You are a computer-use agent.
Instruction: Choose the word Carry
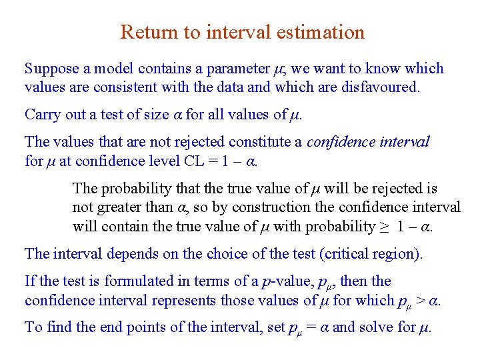(x=41, y=115)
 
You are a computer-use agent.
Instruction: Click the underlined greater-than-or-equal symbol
(x=385, y=227)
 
